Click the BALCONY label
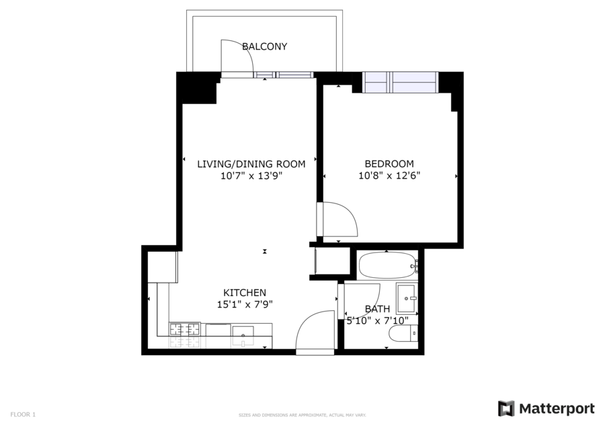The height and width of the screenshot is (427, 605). coord(265,46)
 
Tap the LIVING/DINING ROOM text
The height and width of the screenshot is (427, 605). coord(251,164)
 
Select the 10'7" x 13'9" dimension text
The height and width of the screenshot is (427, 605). coord(251,176)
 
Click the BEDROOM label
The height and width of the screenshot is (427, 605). coord(389,164)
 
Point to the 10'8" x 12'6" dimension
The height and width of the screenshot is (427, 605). coord(389,176)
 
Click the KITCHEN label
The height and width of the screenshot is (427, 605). coord(245,293)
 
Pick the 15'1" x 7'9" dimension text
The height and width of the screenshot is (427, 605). coord(245,304)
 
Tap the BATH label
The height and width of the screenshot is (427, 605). coord(377,309)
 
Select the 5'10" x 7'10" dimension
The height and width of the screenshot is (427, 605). coord(377,321)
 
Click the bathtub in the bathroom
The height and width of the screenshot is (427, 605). coord(388,265)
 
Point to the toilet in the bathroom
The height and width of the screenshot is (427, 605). coord(403,334)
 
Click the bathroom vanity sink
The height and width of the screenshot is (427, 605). coord(407,298)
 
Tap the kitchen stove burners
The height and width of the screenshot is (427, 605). coord(185,330)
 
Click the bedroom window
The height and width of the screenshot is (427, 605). coord(400,82)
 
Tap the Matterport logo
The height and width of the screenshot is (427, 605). coord(547,408)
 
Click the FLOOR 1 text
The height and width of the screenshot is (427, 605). coord(23,415)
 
